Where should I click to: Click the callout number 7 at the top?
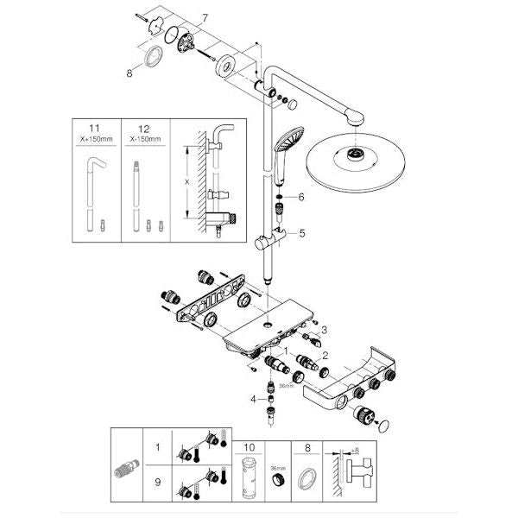tap(205, 17)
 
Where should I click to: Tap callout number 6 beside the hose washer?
tap(301, 197)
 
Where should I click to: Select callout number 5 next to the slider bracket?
tap(301, 232)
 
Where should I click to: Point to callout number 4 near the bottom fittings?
tap(253, 399)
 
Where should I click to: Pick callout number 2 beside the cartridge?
tap(325, 354)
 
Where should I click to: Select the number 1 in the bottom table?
tap(157, 449)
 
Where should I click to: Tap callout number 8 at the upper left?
tap(129, 74)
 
